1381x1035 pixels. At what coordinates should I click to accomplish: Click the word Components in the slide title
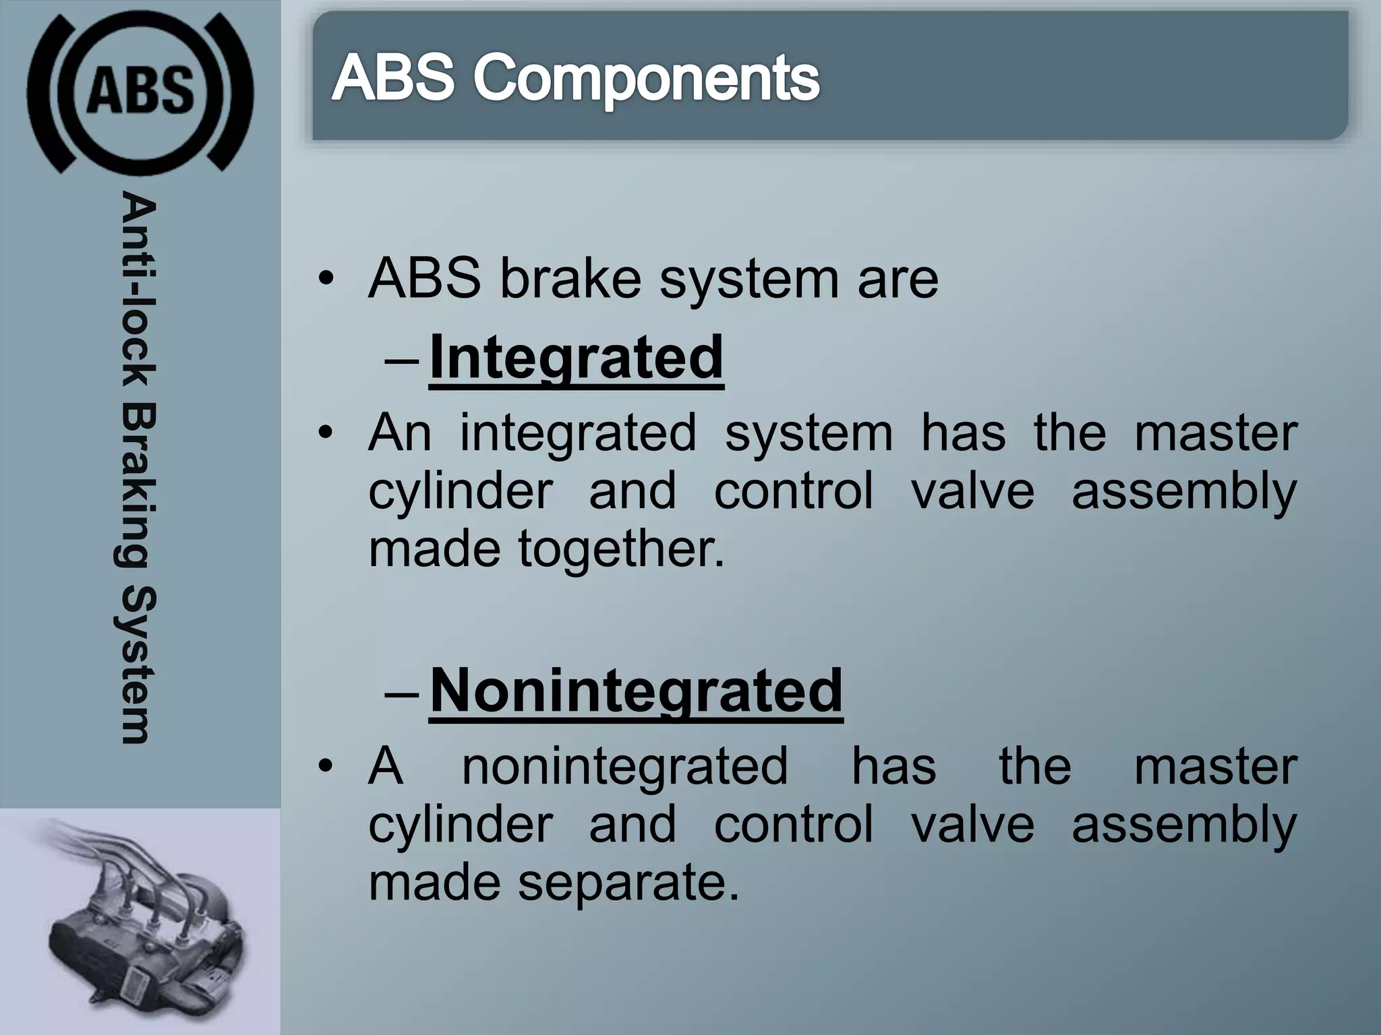click(646, 79)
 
